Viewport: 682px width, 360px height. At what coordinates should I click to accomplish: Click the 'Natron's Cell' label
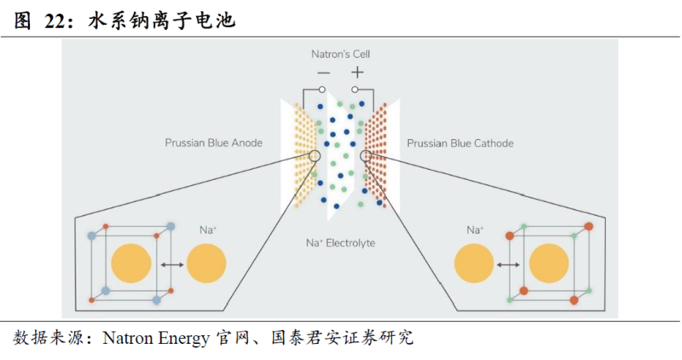(340, 55)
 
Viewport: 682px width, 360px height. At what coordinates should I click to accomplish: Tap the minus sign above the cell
(323, 73)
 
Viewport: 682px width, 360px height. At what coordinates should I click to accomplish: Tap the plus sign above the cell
(357, 73)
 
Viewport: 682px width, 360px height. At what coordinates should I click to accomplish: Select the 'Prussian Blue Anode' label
(213, 143)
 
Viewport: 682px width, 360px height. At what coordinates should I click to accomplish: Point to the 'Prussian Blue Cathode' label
(460, 143)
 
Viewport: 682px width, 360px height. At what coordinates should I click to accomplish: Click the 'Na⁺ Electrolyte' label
(340, 243)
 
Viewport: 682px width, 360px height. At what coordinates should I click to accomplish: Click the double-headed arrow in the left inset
(173, 265)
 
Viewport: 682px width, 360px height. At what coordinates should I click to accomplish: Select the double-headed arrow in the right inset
(509, 265)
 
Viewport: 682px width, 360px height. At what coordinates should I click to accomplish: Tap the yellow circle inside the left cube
(132, 264)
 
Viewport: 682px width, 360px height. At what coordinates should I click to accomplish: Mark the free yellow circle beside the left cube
(207, 264)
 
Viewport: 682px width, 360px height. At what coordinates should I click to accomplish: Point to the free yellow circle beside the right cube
(475, 264)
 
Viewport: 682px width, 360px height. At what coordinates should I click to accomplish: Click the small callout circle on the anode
(314, 156)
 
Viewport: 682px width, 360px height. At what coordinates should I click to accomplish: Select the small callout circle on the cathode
(367, 156)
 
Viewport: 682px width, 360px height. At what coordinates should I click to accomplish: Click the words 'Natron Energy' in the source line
(155, 338)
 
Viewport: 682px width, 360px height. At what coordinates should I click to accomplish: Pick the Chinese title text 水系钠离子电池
(162, 22)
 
